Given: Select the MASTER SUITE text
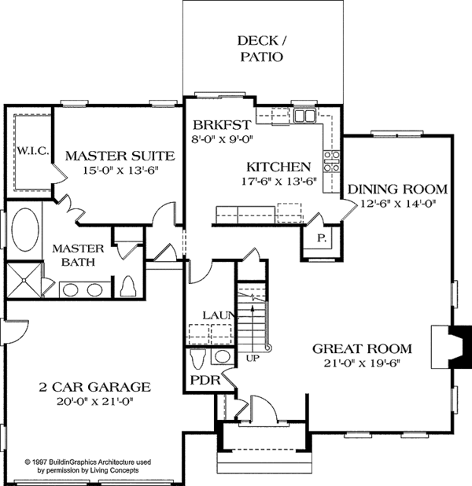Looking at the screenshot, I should (118, 154).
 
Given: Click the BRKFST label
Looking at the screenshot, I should (222, 125).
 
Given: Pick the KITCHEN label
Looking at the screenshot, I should (278, 167).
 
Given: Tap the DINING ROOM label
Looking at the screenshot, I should (398, 189).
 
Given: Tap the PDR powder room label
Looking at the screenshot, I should (201, 381).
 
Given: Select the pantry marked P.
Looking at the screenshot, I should (322, 237).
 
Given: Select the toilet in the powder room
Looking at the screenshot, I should (198, 360).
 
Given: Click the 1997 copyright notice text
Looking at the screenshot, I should (83, 466).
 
